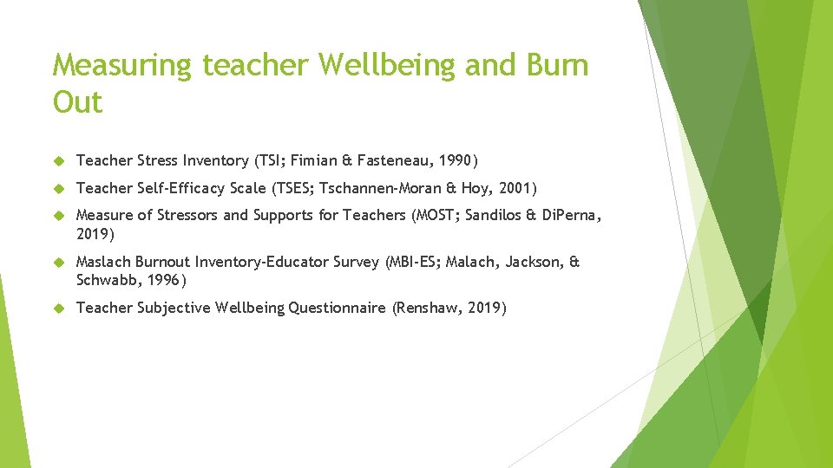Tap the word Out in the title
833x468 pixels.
pyautogui.click(x=77, y=103)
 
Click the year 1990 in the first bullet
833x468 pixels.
pyautogui.click(x=455, y=160)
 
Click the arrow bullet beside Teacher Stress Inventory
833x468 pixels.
pyautogui.click(x=59, y=160)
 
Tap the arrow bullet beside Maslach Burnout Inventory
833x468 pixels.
pyautogui.click(x=59, y=262)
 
